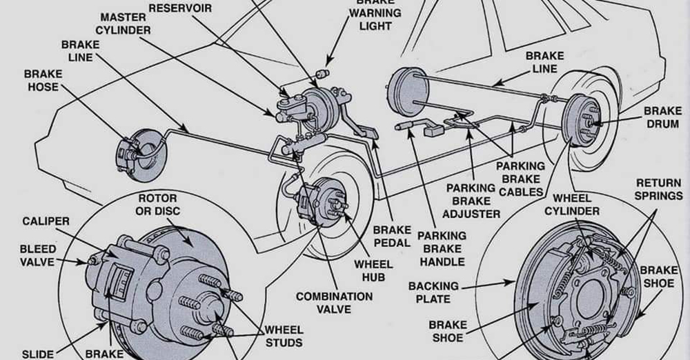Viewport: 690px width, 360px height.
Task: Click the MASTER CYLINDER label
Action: coord(124,23)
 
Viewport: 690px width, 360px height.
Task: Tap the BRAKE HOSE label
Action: coord(43,81)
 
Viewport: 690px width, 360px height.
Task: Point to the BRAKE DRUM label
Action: coord(662,117)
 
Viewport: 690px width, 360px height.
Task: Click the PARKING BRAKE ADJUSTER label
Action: coord(471,201)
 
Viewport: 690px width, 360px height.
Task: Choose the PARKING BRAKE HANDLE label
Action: coord(442,249)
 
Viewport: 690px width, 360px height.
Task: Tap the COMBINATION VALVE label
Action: coord(335,303)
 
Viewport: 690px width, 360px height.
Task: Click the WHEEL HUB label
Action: coord(373,270)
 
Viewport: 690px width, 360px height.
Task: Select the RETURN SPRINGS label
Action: coord(659,189)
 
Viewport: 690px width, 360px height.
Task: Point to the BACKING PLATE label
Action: coord(433,292)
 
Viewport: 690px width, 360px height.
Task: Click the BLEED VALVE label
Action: coord(37,256)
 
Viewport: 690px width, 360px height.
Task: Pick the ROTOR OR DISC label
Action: coord(157,205)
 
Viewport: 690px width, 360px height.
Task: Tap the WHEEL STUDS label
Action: coord(284,337)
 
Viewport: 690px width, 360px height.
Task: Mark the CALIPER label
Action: coord(46,221)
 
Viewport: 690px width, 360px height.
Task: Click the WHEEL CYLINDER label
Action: coord(572,205)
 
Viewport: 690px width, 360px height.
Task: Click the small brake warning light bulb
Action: coord(324,72)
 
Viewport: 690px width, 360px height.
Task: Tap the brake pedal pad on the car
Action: coord(368,132)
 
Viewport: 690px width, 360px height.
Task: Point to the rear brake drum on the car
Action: coord(582,120)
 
